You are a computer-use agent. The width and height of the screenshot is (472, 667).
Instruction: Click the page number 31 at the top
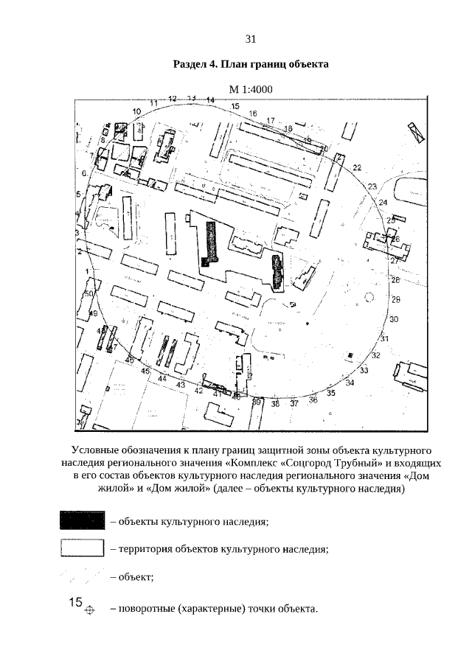point(250,39)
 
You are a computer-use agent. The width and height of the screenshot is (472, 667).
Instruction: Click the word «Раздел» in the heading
point(189,64)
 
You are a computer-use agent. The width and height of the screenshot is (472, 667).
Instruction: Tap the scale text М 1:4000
point(251,90)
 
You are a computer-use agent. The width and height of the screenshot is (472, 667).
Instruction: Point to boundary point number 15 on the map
point(235,107)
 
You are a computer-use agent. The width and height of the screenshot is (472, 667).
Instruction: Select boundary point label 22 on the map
point(357,168)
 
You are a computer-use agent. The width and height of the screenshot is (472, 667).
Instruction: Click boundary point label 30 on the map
point(394,319)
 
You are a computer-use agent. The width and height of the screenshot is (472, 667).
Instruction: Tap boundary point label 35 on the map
point(331,394)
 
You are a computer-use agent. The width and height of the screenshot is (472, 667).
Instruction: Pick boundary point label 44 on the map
point(162,378)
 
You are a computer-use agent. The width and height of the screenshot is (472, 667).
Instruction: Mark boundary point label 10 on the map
point(136,111)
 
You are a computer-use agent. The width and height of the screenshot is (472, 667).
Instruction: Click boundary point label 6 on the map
point(84,173)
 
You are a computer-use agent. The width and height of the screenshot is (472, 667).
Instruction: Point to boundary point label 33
point(364,370)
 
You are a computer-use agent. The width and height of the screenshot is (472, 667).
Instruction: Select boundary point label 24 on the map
point(383,203)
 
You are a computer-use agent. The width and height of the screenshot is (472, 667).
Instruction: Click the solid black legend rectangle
point(82,521)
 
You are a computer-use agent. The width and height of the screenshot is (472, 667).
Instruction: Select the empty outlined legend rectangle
point(82,548)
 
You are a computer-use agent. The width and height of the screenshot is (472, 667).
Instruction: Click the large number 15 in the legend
point(75,602)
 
